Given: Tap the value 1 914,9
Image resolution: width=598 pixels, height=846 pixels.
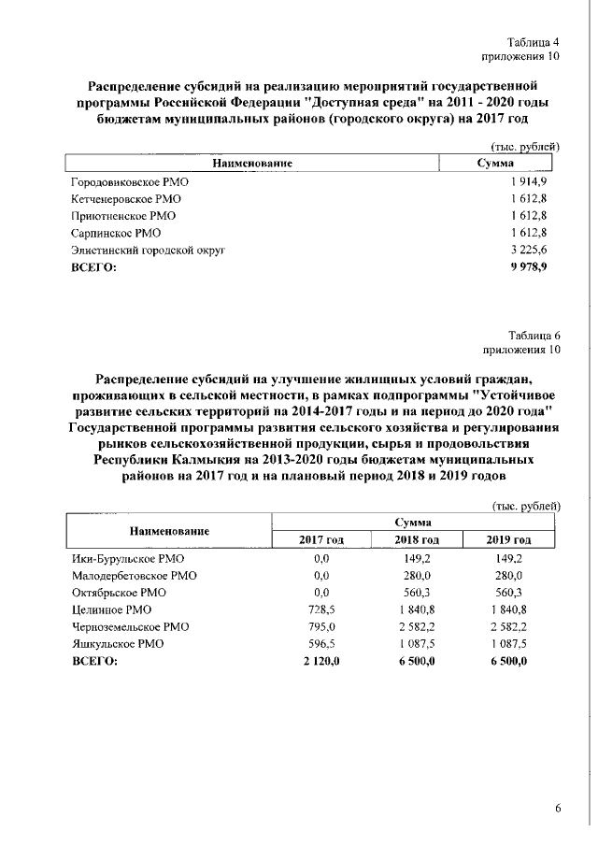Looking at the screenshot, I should click(x=528, y=181).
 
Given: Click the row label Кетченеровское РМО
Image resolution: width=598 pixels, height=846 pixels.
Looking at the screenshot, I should click(x=126, y=199).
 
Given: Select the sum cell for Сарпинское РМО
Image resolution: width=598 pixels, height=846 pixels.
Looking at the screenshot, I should click(x=528, y=233).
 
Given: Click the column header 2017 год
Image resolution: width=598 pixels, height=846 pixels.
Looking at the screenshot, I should click(x=321, y=539).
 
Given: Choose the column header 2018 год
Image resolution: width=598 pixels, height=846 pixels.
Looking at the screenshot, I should click(x=417, y=539).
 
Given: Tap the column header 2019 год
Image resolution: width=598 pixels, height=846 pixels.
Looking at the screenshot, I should click(x=509, y=539).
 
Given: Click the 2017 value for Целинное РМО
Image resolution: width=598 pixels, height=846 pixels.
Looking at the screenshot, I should click(x=321, y=609).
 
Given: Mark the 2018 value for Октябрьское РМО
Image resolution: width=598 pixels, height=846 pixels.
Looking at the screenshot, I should click(x=417, y=593).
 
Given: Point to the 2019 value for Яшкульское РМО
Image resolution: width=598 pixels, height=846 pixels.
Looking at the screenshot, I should click(x=509, y=644).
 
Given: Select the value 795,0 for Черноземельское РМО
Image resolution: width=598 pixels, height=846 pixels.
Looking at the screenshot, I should click(x=321, y=626).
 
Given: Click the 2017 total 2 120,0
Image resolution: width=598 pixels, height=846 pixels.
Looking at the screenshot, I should click(x=321, y=661).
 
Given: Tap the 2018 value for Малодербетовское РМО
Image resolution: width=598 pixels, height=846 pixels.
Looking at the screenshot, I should click(x=417, y=575).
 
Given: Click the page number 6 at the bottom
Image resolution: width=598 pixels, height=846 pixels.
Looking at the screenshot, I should click(x=557, y=809).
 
